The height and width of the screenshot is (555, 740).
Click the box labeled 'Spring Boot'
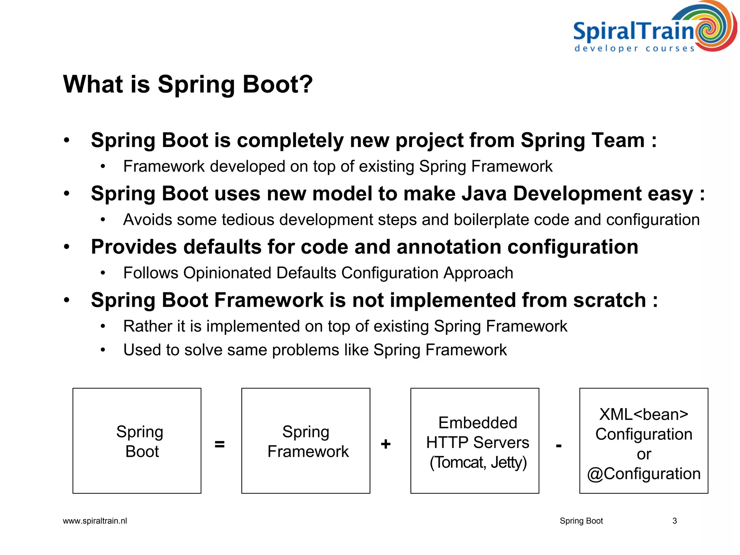137,440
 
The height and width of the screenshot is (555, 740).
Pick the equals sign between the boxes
220,444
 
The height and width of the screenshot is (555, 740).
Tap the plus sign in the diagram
386,444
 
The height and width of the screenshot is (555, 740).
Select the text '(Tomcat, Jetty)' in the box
478,462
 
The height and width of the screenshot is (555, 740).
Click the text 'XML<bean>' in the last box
644,414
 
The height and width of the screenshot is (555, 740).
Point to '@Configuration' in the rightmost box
644,474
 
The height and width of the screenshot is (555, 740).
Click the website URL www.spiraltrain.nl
95,521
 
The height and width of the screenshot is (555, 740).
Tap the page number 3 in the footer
674,521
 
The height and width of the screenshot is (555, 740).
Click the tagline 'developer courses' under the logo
634,48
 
